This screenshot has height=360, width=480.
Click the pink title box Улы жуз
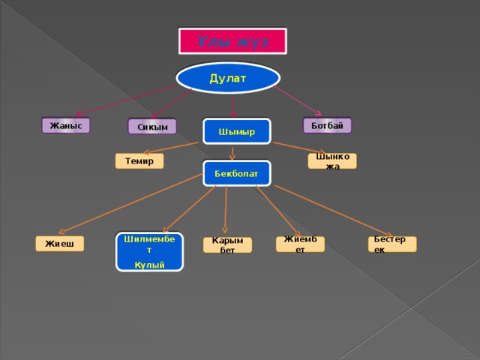(x=232, y=41)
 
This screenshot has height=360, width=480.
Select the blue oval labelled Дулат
(x=228, y=77)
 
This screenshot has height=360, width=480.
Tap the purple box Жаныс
(x=66, y=125)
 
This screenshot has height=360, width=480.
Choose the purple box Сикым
(x=151, y=127)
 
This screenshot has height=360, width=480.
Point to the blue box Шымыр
(x=236, y=131)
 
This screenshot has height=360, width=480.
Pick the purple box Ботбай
(x=327, y=125)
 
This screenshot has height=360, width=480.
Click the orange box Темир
(x=139, y=160)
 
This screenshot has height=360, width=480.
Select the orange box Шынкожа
(x=332, y=160)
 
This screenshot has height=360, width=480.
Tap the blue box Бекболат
(x=236, y=173)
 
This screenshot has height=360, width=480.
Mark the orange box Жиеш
(x=60, y=243)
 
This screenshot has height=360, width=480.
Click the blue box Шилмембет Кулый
(x=150, y=251)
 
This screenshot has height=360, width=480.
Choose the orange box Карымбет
(x=227, y=244)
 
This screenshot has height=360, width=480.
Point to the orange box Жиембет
(x=300, y=244)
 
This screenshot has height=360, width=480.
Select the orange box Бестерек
(x=391, y=244)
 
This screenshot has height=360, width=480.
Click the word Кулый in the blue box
(x=150, y=265)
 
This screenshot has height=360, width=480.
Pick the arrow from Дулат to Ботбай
(x=300, y=98)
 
